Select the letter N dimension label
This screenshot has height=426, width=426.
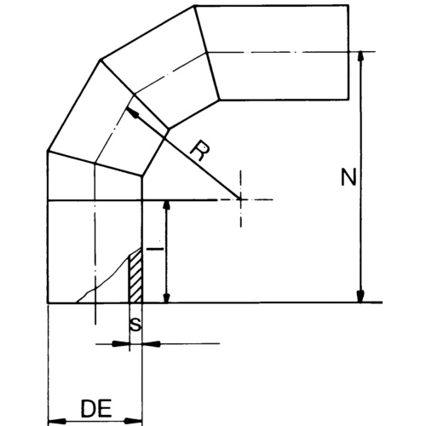pos(347,177)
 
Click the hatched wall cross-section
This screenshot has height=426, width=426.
pos(135,277)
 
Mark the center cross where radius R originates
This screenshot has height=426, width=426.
pos(241,199)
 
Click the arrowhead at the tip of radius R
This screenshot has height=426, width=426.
pos(132,110)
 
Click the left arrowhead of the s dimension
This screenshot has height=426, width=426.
pos(123,343)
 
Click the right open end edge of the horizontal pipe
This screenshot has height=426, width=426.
pos(348,51)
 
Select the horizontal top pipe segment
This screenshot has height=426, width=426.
pos(281,51)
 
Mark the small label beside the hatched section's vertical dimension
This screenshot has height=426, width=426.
pos(154,249)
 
